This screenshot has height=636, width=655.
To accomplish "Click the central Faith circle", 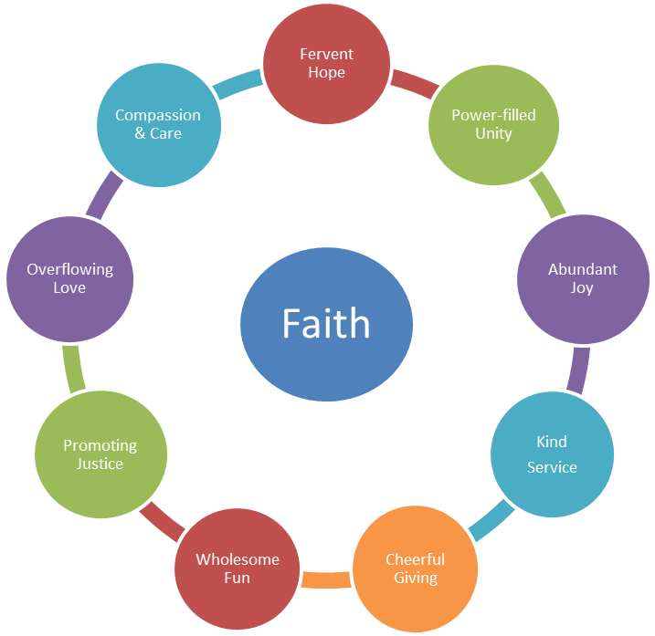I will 326,324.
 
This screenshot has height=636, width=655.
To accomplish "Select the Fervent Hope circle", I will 326,63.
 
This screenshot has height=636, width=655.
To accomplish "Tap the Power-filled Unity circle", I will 493,124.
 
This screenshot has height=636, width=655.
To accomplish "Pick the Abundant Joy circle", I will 582,277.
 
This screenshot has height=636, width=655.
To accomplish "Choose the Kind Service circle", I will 552,454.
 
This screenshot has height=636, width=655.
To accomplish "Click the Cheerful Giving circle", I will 415,568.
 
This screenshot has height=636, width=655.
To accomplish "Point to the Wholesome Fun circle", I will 238,568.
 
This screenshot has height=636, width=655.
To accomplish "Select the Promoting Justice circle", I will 100,454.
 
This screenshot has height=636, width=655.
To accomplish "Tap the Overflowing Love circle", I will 69,277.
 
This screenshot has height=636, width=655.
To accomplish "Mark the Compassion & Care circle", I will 158,124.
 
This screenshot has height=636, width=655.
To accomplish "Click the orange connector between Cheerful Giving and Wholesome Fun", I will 326,579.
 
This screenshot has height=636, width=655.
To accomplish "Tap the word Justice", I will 100,464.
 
